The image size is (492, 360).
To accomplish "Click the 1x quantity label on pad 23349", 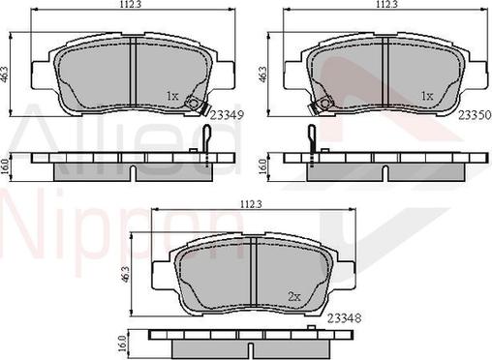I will pyautogui.click(x=172, y=96).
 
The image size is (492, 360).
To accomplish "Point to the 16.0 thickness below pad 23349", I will pyautogui.click(x=7, y=165).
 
